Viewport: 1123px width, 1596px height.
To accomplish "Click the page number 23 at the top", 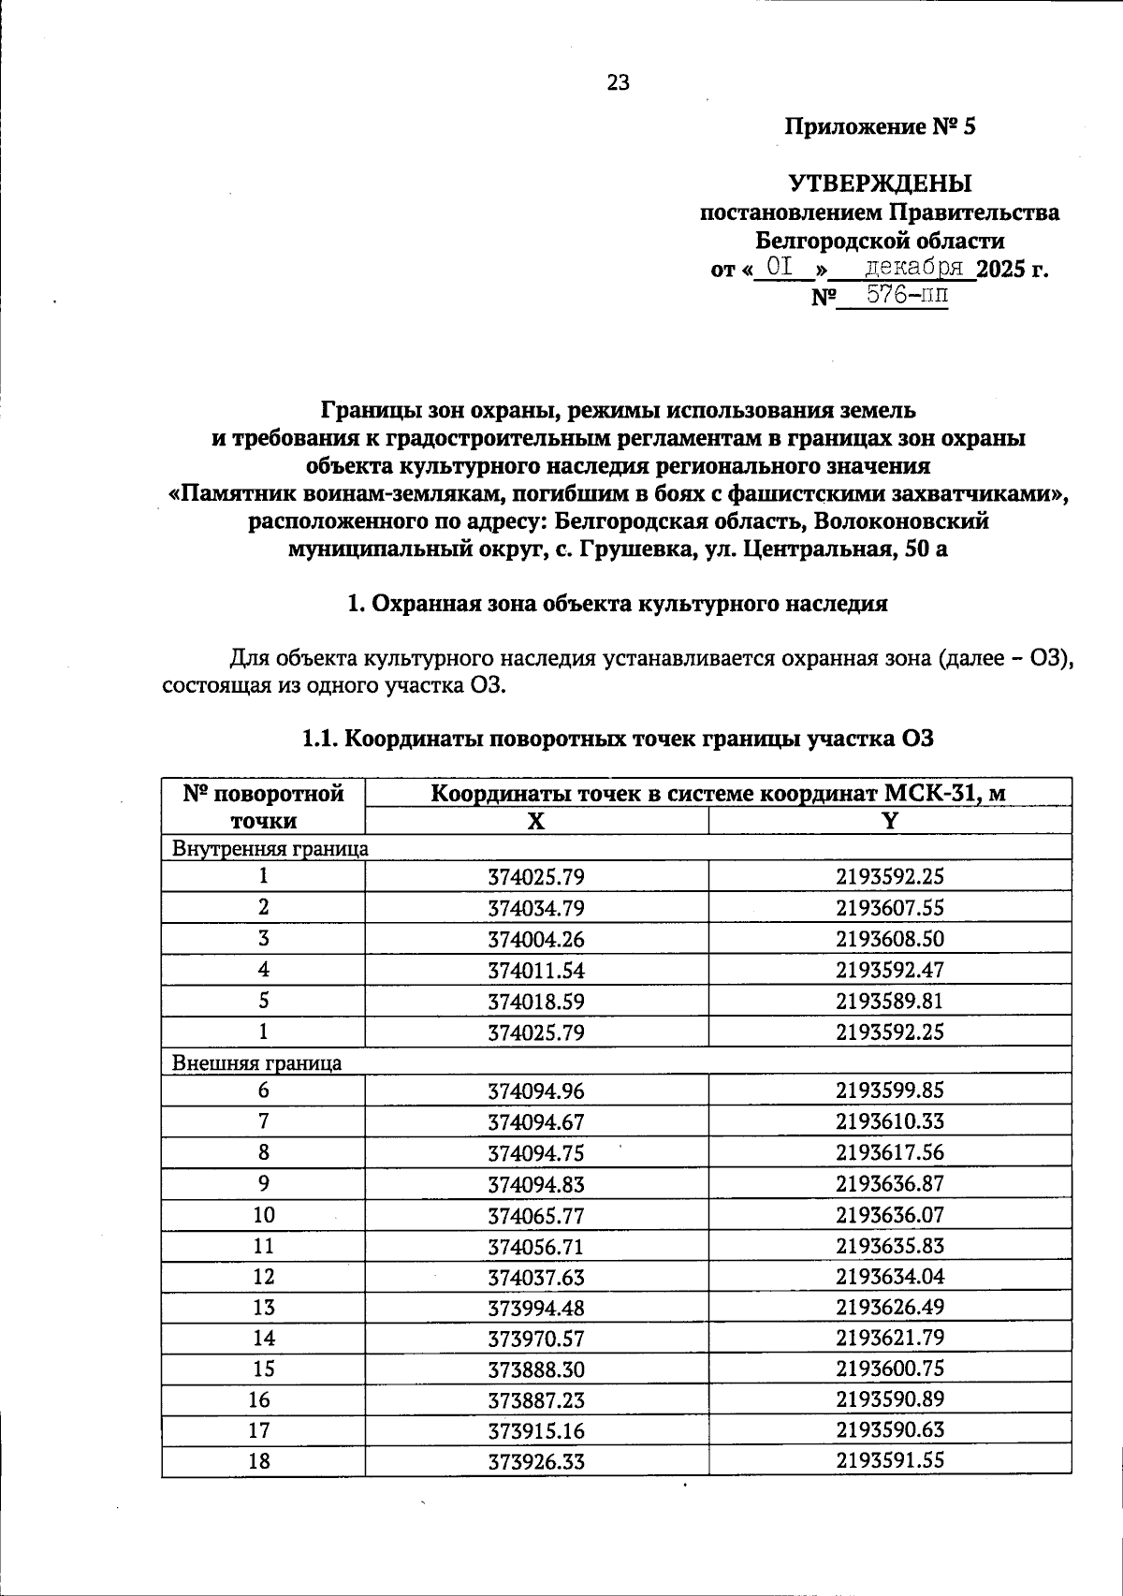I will click(x=619, y=82).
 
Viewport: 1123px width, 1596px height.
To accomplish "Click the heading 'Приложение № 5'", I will click(x=880, y=126).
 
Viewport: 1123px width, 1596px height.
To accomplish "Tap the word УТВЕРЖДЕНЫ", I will click(x=880, y=183).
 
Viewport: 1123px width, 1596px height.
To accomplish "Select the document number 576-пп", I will click(x=894, y=296).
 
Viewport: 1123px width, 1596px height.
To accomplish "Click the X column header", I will click(x=535, y=822).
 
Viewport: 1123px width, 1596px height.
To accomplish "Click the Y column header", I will click(x=890, y=822).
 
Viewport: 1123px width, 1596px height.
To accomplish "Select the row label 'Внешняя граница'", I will click(x=256, y=1062).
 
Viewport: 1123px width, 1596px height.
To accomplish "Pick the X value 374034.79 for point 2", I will click(x=535, y=908).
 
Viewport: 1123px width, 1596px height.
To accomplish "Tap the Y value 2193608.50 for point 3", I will click(x=890, y=939).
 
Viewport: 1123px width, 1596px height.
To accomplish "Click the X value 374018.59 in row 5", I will click(x=535, y=1002).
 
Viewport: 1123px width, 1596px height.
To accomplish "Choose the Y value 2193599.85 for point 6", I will click(x=890, y=1091).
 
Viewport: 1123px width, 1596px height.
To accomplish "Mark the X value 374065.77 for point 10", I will click(x=535, y=1216).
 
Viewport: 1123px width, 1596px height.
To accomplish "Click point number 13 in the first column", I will click(x=264, y=1308).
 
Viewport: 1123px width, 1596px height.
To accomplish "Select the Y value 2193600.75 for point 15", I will click(x=890, y=1369).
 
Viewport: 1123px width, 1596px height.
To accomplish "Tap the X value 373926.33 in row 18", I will click(x=535, y=1461).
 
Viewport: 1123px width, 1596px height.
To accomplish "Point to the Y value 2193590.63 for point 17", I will click(x=890, y=1430).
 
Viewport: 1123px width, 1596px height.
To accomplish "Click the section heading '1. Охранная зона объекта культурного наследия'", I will click(x=617, y=604).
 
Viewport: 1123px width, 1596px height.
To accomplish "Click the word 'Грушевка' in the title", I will click(x=635, y=549).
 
